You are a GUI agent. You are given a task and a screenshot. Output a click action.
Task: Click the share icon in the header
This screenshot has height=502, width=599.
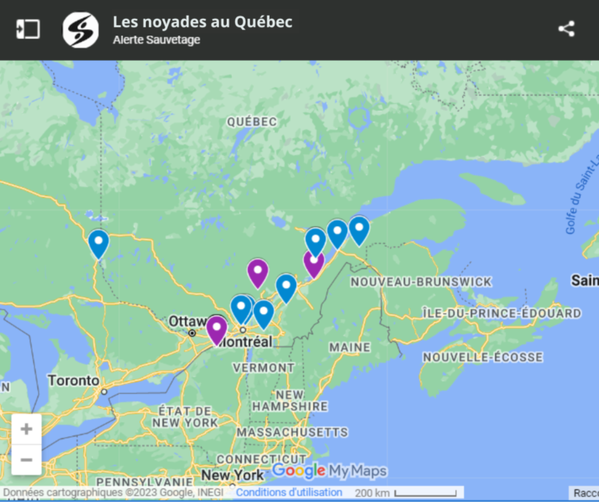tap(566, 29)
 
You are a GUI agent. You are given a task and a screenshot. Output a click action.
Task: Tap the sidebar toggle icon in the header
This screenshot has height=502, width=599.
tap(28, 29)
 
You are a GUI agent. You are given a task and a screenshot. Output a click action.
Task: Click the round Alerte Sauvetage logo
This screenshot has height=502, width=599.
tap(81, 29)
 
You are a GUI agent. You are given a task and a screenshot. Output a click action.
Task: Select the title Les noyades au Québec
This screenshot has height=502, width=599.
tap(202, 22)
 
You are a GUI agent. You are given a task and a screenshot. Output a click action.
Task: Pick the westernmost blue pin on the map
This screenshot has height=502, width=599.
tap(98, 243)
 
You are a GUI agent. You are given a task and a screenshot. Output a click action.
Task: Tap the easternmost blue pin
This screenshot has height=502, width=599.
tap(359, 229)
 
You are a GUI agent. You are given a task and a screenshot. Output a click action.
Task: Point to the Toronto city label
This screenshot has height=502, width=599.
tap(74, 380)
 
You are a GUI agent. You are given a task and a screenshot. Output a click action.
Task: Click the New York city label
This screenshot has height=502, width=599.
tap(232, 475)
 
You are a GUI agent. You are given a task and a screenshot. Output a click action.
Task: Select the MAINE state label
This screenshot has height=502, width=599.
tap(350, 348)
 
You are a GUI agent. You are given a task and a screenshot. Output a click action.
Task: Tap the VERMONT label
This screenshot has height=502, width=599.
tap(264, 368)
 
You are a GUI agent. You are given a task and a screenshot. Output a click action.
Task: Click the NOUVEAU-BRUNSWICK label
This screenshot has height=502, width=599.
tap(421, 282)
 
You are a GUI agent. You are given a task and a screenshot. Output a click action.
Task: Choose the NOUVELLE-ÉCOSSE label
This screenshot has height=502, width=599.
tap(483, 357)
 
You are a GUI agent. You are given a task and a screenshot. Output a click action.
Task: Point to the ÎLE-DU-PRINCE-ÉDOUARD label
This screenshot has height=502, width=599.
tap(501, 314)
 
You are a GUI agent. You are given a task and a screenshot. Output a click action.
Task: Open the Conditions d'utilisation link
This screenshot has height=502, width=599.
tap(289, 492)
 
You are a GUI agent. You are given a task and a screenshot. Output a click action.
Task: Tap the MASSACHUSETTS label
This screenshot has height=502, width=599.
tap(292, 432)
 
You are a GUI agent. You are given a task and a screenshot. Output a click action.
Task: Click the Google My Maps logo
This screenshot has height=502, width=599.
tap(329, 470)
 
